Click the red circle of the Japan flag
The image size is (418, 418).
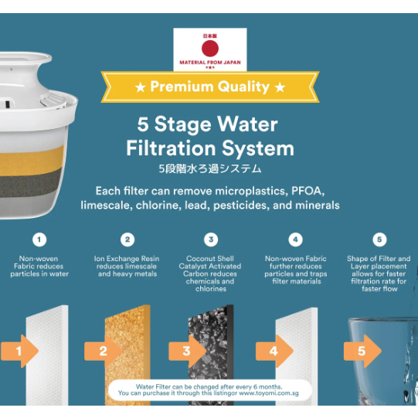point(210,48)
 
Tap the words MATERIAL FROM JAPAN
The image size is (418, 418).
point(210,63)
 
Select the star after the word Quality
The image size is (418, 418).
point(280,87)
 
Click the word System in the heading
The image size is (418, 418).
point(258,149)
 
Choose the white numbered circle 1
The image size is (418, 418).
point(39,240)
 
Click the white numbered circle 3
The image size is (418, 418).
point(211,240)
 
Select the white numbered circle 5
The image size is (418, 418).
point(379,240)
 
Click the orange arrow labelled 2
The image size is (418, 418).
point(104,351)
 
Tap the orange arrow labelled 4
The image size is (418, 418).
point(274,351)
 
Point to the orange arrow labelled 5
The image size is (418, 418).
point(362,351)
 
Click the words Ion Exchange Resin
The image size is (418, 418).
point(127,259)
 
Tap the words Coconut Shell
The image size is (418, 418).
point(210,259)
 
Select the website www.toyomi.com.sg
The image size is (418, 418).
point(269,393)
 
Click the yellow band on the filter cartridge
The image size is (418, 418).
point(31,161)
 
